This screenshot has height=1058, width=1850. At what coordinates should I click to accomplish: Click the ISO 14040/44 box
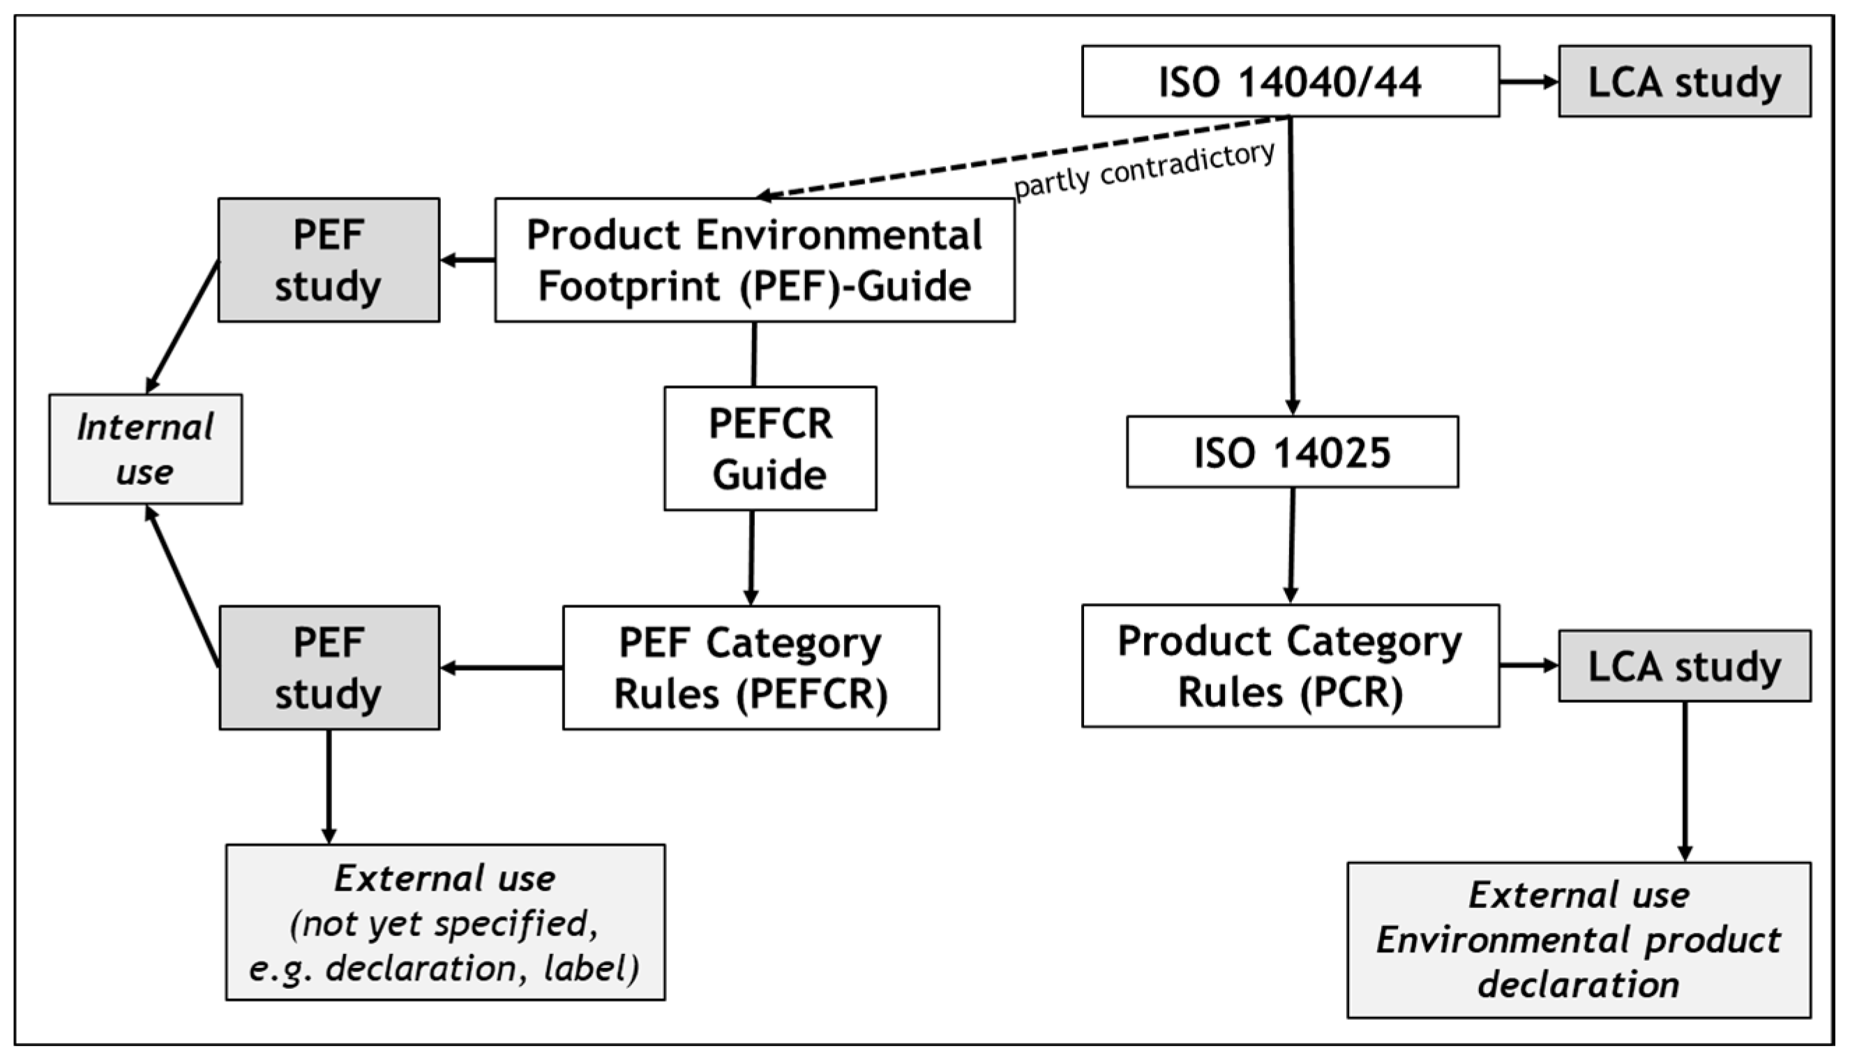coord(1290,82)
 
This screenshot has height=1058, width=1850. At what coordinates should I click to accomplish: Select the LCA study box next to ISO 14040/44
coord(1684,82)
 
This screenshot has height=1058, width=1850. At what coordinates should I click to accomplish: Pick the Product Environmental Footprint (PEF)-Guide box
coord(755,260)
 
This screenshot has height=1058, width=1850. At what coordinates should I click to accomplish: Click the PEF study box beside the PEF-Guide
coord(329,260)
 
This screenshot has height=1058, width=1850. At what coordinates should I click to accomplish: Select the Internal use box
coord(145,449)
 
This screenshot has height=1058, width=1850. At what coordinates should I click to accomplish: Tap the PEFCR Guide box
coord(770,448)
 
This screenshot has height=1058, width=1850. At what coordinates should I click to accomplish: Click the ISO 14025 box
coord(1292,452)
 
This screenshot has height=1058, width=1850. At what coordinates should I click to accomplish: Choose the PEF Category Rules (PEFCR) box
coord(751,668)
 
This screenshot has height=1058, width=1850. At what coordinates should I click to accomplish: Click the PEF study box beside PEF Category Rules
coord(329,668)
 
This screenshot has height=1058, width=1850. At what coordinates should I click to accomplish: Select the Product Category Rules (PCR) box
coord(1290,666)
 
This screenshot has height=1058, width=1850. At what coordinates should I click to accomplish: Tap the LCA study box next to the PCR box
coord(1684,666)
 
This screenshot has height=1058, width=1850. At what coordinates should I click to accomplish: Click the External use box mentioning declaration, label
coord(445,922)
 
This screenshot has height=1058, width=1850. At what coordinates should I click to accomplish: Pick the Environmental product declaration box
coord(1579,939)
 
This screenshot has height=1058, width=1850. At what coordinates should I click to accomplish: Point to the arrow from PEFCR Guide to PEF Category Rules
coord(752,558)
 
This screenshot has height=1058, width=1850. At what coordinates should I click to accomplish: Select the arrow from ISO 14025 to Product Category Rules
coord(1291,545)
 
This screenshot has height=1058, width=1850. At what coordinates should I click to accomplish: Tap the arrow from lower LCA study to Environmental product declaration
coord(1685,781)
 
